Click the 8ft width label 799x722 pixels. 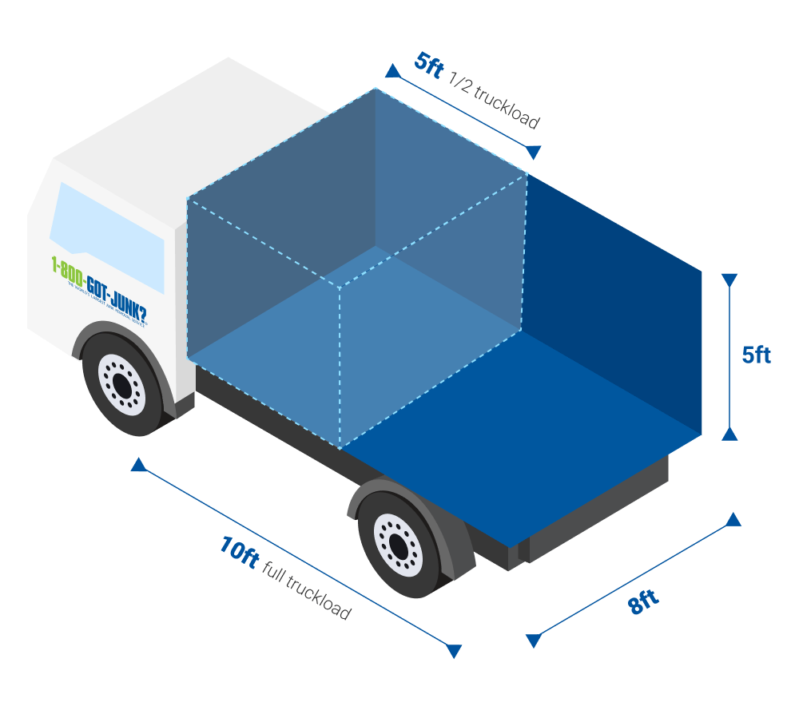[643, 601]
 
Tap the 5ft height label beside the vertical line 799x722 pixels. [756, 355]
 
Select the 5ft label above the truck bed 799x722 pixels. [429, 64]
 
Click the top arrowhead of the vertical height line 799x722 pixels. [729, 280]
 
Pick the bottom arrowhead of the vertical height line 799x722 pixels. [729, 433]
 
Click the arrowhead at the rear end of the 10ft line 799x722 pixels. [454, 651]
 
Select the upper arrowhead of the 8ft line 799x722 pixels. [733, 520]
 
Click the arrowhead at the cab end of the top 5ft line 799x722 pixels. [392, 71]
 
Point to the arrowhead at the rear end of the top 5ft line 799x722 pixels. [534, 152]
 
